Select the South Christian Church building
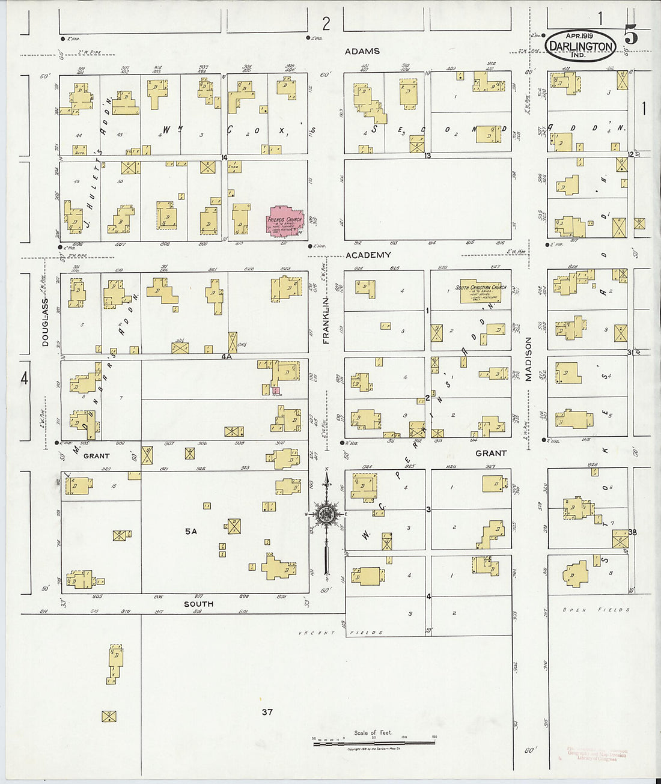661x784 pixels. (x=480, y=291)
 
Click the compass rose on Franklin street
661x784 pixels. (x=326, y=514)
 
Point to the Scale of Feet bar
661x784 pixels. (x=373, y=744)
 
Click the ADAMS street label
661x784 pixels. (x=362, y=52)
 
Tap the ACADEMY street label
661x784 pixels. (x=368, y=255)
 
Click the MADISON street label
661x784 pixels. (x=529, y=359)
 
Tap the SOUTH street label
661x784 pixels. (x=198, y=604)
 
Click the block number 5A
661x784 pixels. (x=191, y=531)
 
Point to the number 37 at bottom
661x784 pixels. (x=267, y=712)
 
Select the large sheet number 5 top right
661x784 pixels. (x=630, y=35)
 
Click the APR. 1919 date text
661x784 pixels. (x=580, y=36)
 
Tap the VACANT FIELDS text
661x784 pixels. (x=341, y=633)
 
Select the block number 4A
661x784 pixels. (x=227, y=356)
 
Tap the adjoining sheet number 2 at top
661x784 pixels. (x=326, y=24)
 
